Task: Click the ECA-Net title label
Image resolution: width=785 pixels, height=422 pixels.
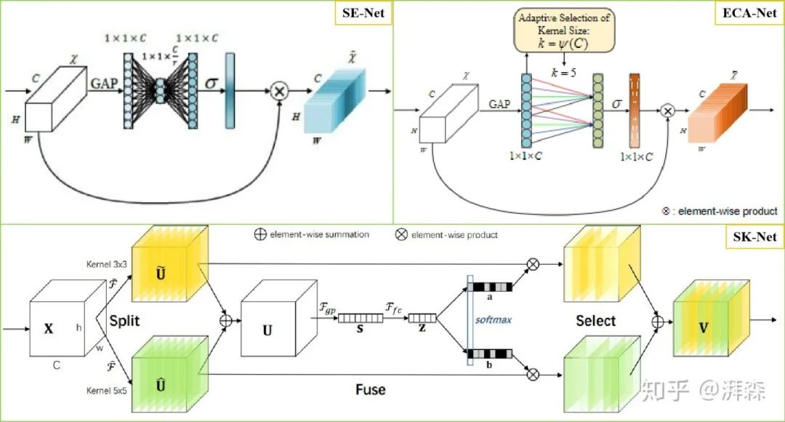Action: [749, 14]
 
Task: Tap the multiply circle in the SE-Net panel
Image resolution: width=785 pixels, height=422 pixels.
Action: [278, 92]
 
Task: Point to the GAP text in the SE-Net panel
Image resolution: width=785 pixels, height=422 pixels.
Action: [104, 83]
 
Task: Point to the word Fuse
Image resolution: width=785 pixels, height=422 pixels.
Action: [370, 389]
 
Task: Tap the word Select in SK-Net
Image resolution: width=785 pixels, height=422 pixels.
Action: [595, 321]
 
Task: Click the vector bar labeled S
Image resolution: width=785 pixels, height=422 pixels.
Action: [362, 317]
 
